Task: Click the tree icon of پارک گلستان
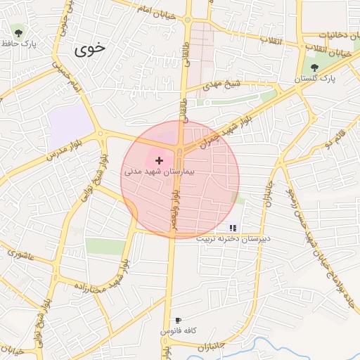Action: pyautogui.click(x=314, y=68)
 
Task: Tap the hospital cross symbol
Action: pyautogui.click(x=159, y=161)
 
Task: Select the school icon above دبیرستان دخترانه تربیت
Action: pyautogui.click(x=233, y=228)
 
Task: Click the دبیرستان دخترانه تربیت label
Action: pyautogui.click(x=233, y=239)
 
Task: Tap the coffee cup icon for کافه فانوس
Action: pyautogui.click(x=178, y=321)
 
